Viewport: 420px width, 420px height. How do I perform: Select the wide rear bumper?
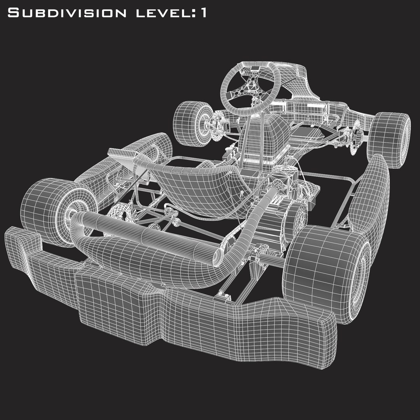click(x=175, y=307)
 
